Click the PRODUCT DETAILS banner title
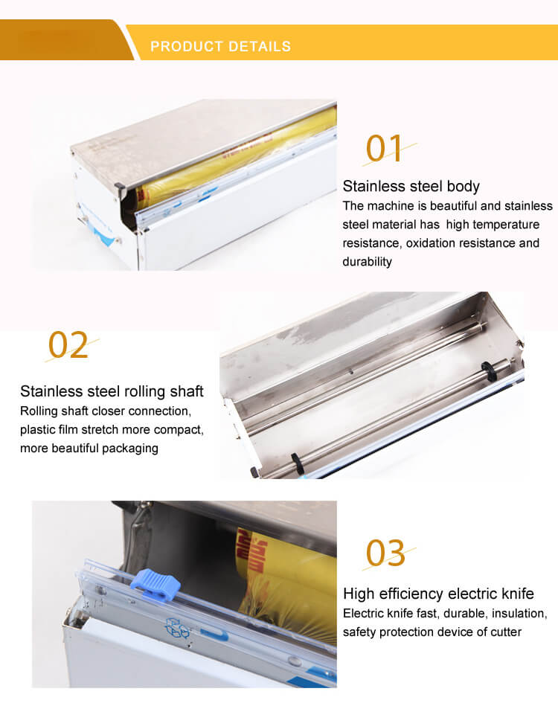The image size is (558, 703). pos(220,46)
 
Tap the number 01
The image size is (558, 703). pos(383,148)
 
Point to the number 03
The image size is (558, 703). pos(385,553)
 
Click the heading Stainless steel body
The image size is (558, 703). pos(411,186)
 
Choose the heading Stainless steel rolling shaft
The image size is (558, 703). pos(112,391)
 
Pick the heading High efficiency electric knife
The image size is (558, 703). pos(438,594)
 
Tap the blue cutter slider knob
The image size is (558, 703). pos(155,585)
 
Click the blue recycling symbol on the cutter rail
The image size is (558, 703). pos(178,628)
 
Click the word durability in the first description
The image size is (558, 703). pos(367,261)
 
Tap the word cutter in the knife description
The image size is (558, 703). pos(505,632)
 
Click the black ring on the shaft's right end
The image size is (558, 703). pos(487,371)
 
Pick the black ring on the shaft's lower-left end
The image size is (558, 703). pos(298,464)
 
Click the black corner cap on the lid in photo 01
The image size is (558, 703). pos(119,186)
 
